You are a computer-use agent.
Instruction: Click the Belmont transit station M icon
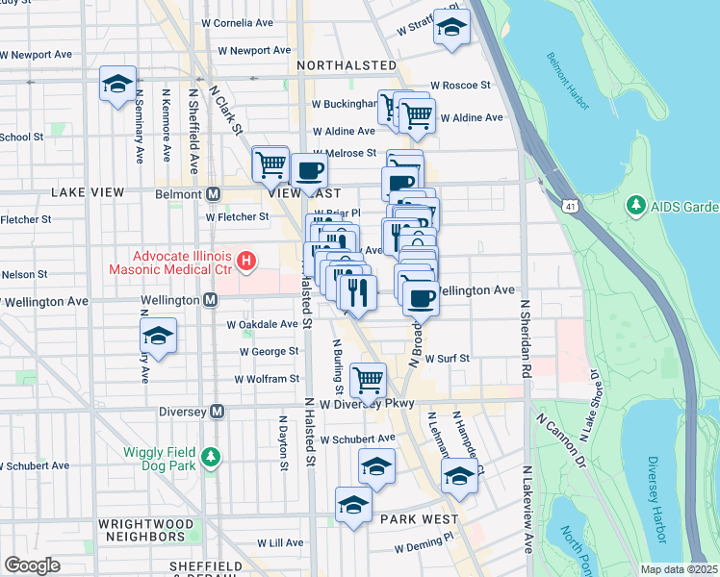pyautogui.click(x=215, y=193)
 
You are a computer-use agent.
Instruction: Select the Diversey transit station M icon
pyautogui.click(x=217, y=412)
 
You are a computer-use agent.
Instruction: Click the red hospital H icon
pyautogui.click(x=247, y=260)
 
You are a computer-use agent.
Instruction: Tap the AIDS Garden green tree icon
pyautogui.click(x=635, y=206)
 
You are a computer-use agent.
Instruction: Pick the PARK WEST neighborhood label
pyautogui.click(x=419, y=519)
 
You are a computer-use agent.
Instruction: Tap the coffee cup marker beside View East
pyautogui.click(x=308, y=171)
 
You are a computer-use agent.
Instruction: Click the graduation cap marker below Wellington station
pyautogui.click(x=158, y=337)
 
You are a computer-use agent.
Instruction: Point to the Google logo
pyautogui.click(x=32, y=565)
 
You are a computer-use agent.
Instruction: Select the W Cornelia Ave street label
pyautogui.click(x=245, y=23)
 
